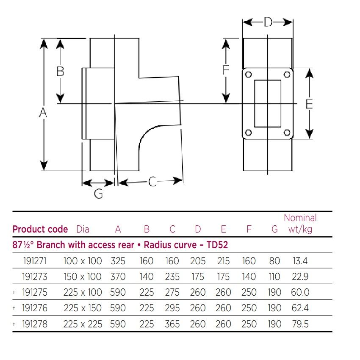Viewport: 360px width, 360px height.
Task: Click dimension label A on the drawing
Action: pos(43,113)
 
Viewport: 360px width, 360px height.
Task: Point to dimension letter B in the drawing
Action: pos(61,71)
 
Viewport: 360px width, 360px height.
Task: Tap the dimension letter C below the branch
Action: pos(152,182)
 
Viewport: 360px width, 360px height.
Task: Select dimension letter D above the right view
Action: pos(268,22)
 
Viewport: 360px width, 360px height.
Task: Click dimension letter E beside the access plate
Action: pos(309,104)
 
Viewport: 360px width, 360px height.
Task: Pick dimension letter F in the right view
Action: pos(226,69)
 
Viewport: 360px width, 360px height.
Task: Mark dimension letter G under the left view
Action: pos(99,193)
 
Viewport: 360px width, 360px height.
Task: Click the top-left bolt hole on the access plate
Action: pos(249,75)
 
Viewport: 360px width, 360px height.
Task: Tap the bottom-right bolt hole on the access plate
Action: pos(287,133)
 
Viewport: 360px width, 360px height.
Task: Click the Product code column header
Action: pos(40,229)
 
